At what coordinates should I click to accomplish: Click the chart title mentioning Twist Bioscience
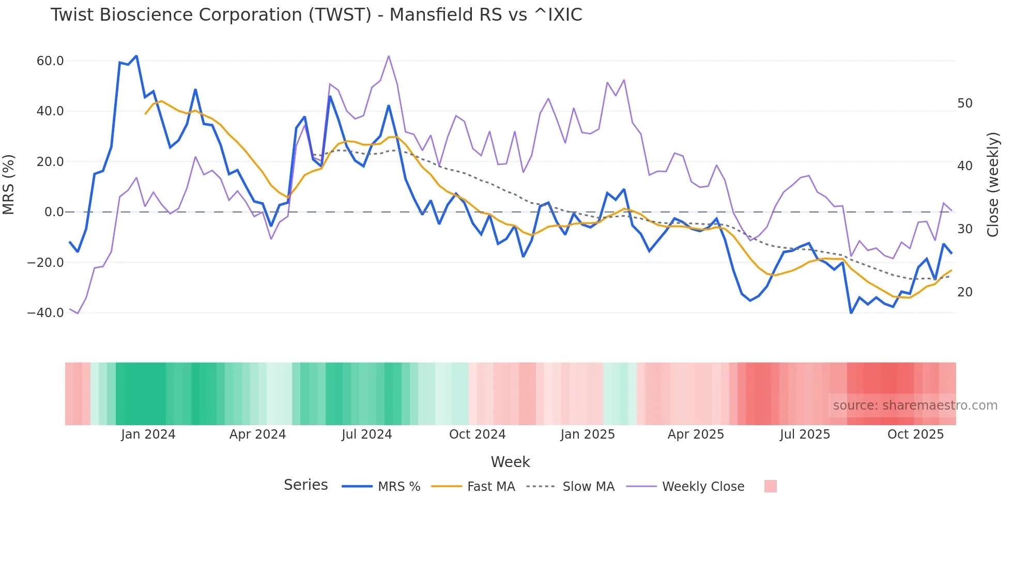coord(316,15)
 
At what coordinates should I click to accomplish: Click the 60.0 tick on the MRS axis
coord(50,61)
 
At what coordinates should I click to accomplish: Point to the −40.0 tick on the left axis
coord(45,313)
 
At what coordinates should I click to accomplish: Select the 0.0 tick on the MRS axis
coord(54,212)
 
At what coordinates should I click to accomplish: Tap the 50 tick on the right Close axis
coord(964,103)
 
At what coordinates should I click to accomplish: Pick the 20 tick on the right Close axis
coord(964,292)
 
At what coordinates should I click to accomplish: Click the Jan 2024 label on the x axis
coord(148,434)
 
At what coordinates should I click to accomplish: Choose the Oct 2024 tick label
coord(477,434)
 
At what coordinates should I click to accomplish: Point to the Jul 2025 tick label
coord(805,434)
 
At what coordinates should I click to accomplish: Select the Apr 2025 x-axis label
coord(696,434)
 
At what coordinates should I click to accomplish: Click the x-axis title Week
coord(510,462)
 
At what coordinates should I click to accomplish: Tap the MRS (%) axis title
coord(9,185)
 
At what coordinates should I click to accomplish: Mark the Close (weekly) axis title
coord(992,185)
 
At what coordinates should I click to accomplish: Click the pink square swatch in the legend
coord(770,486)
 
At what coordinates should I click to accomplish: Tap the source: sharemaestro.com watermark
coord(915,406)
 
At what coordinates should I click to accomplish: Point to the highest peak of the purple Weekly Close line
coord(389,56)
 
